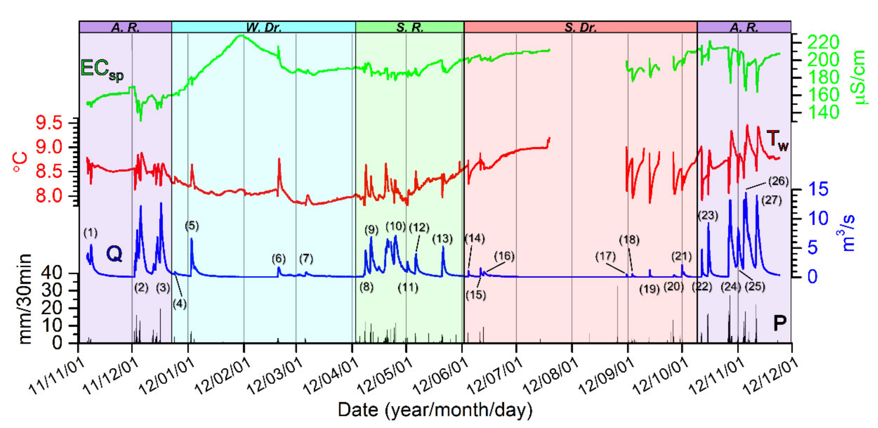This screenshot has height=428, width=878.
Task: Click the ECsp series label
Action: [101, 70]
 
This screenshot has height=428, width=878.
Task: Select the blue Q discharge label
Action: [114, 254]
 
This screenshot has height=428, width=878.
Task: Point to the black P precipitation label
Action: [779, 323]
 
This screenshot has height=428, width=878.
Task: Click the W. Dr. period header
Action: [263, 27]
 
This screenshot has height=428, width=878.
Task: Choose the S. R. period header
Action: [410, 27]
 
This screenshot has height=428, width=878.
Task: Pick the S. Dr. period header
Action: [580, 27]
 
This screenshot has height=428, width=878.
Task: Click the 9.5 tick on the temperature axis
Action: [49, 123]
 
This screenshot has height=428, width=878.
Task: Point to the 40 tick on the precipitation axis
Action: [51, 273]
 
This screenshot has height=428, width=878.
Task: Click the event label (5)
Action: [192, 226]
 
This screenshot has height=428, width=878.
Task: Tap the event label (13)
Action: [442, 239]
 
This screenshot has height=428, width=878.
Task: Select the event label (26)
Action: [778, 181]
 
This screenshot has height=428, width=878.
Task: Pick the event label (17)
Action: [605, 256]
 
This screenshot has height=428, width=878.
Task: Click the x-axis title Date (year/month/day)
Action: [435, 410]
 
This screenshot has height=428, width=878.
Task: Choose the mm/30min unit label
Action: [24, 299]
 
